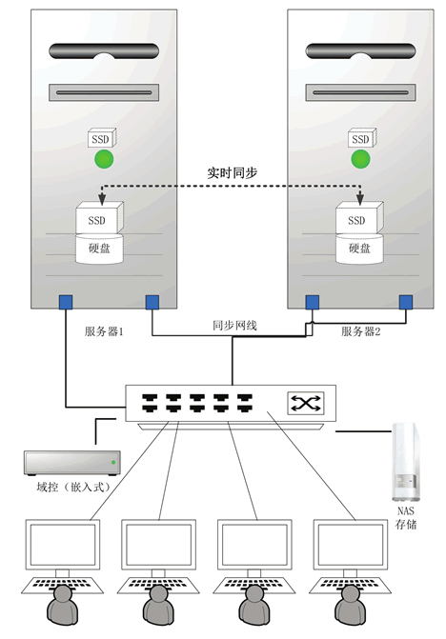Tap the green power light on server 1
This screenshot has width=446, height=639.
[103, 159]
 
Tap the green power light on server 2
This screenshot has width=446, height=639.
[359, 159]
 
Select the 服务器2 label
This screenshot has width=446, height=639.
[361, 331]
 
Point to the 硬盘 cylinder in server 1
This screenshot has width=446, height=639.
[99, 249]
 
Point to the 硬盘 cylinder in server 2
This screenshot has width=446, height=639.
[358, 249]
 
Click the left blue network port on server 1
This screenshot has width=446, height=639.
[65, 303]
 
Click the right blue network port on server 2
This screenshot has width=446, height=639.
[405, 303]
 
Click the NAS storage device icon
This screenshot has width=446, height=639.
[405, 464]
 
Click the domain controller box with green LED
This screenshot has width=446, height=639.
[72, 464]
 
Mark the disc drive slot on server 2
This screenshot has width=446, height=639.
[357, 93]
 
